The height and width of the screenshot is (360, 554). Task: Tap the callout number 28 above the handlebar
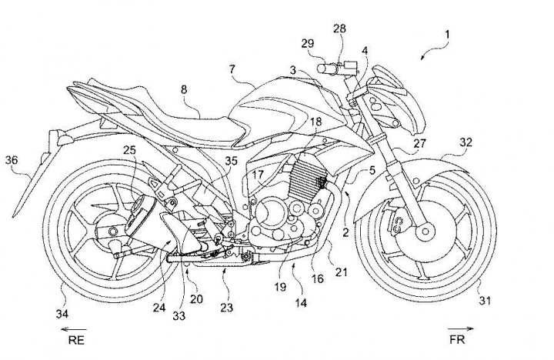click(339, 28)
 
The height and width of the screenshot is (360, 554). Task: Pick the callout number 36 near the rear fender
click(12, 160)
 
